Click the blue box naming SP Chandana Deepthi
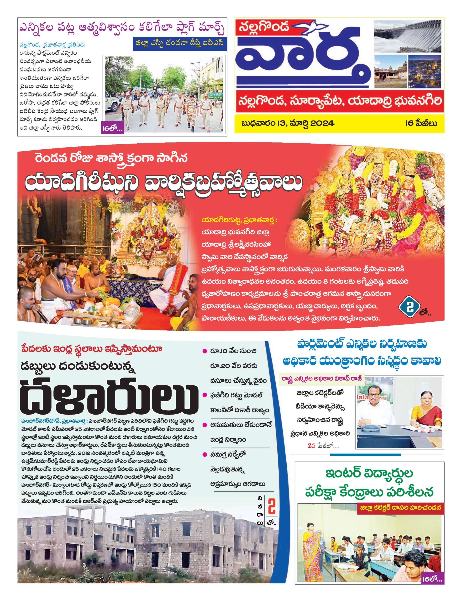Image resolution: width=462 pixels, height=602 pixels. (180, 46)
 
